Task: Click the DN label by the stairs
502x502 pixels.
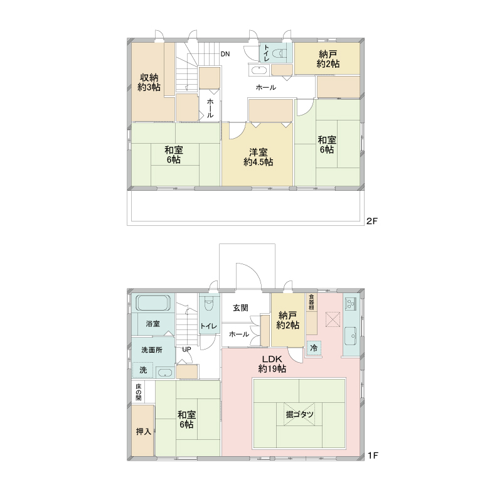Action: point(225,54)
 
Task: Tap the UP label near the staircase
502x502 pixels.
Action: point(186,350)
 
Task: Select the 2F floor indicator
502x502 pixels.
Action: point(372,221)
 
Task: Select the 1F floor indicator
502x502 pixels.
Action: point(373,455)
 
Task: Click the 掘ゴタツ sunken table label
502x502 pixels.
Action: point(299,414)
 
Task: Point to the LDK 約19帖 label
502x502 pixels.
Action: point(272,364)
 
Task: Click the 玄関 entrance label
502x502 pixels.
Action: point(240,308)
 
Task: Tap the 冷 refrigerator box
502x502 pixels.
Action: point(314,348)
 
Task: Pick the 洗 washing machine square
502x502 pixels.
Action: point(143,370)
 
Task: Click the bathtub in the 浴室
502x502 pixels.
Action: point(153,302)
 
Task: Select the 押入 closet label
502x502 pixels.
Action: point(144,432)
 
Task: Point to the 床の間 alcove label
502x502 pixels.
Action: point(138,392)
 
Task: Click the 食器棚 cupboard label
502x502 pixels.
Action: point(311,302)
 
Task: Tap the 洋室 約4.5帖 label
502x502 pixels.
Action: point(258,158)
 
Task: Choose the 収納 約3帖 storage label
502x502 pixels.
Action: point(149,82)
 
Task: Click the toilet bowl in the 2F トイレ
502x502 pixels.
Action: point(279,53)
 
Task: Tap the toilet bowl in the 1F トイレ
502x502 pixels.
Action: point(209,304)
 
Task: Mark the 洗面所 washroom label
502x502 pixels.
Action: point(152,350)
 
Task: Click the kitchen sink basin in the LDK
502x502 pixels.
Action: point(351,336)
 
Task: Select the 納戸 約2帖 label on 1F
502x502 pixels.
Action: point(287,321)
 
